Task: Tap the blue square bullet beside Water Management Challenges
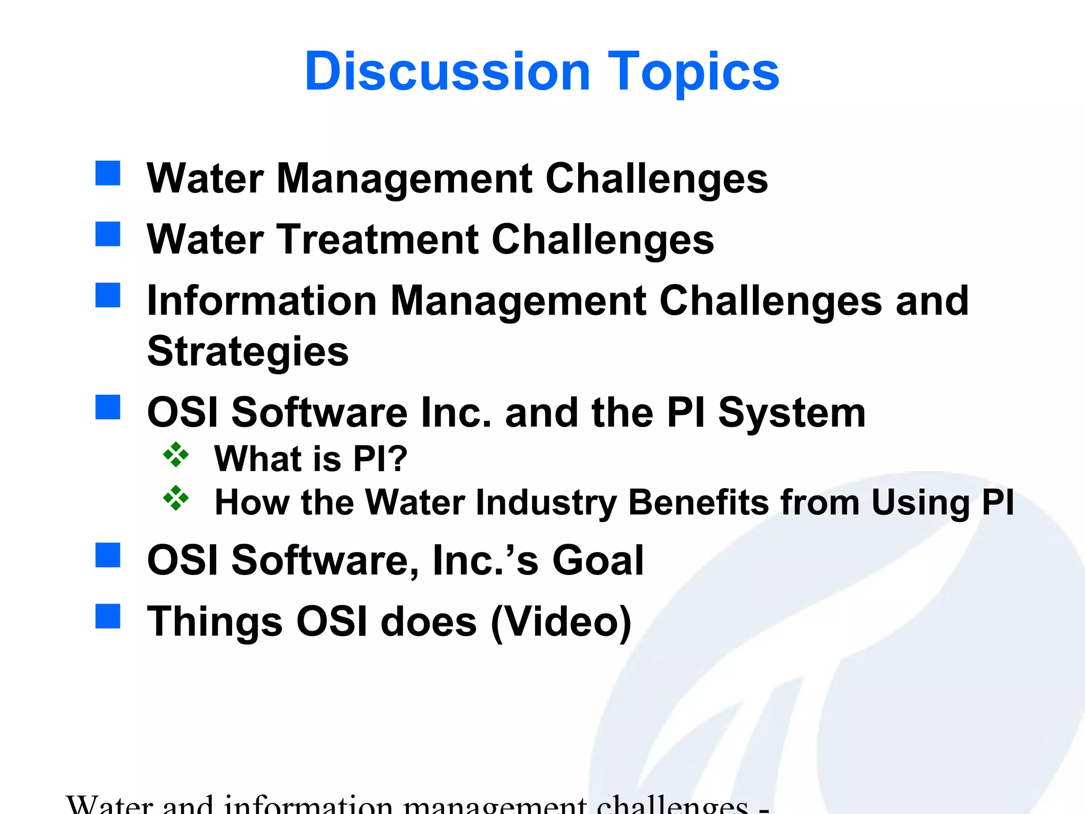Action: [x=108, y=173]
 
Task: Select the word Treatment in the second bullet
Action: [x=378, y=240]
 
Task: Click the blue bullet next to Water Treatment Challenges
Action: [x=108, y=234]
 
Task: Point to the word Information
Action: [x=262, y=301]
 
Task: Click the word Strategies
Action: [x=248, y=352]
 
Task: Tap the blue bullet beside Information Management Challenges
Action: [x=108, y=295]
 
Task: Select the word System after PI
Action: [x=791, y=413]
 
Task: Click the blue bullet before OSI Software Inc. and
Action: [x=108, y=407]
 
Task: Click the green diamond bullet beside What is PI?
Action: [x=176, y=455]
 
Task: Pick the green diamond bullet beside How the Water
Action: [x=176, y=498]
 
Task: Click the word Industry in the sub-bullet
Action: [x=546, y=502]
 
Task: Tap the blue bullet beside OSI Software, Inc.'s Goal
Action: [x=108, y=555]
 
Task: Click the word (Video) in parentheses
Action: [x=561, y=622]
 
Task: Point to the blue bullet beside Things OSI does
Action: [x=108, y=616]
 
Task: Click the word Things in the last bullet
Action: [x=215, y=622]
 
